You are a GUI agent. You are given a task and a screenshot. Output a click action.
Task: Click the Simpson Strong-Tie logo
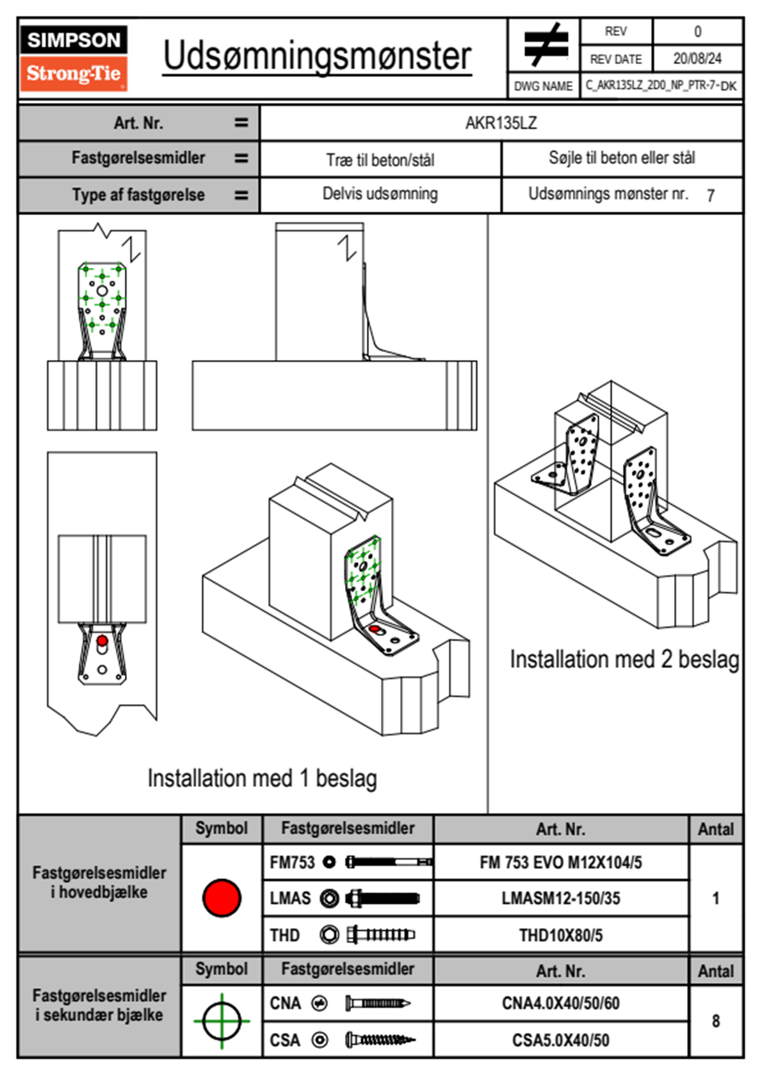[74, 58]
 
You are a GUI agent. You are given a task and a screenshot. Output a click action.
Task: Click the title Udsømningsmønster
[317, 56]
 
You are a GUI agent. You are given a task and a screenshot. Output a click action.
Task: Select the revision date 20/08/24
[697, 59]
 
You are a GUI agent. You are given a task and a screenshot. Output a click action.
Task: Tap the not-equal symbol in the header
[544, 45]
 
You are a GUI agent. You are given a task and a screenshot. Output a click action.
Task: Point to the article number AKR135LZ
[501, 123]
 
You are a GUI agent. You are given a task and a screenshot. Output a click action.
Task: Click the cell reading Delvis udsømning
[380, 194]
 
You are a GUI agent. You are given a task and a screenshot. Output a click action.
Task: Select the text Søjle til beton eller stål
[621, 158]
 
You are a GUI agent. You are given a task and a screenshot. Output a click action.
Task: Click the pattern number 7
[710, 196]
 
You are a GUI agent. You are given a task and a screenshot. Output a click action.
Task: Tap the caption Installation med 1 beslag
[262, 779]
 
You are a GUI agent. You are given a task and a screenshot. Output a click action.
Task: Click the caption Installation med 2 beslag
[624, 660]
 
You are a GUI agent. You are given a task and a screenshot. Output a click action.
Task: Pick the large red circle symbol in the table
[222, 898]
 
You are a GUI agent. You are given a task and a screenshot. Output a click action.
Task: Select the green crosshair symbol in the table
[222, 1020]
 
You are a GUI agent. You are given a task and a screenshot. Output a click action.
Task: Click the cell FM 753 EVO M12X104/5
[560, 862]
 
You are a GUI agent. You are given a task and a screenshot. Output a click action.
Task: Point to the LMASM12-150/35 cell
[560, 898]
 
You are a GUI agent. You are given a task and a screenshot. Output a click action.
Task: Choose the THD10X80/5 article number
[560, 935]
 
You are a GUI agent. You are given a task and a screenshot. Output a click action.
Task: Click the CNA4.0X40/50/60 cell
[560, 1003]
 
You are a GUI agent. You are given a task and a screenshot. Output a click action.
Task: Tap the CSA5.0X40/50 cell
[560, 1040]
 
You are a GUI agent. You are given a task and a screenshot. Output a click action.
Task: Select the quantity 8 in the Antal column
[715, 1021]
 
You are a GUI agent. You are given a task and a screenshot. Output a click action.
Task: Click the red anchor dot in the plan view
[102, 640]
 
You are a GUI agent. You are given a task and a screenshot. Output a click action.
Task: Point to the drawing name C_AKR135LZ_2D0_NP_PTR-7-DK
[661, 85]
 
